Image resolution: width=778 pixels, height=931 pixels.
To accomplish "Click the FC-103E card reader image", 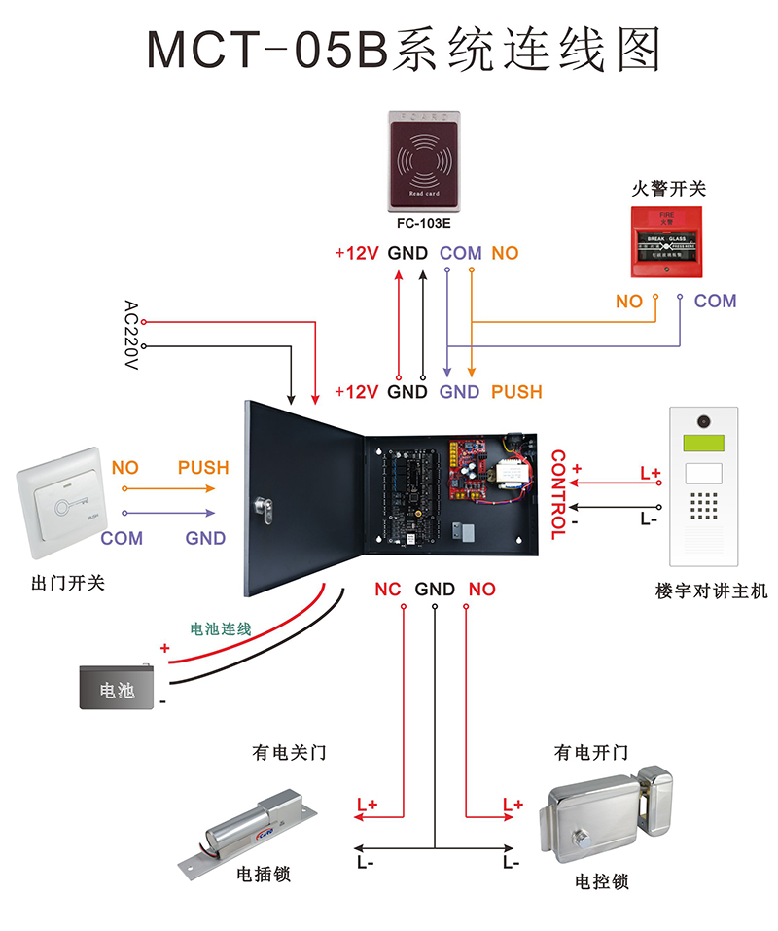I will click(x=425, y=160).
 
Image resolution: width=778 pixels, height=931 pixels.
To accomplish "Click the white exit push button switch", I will click(x=60, y=502).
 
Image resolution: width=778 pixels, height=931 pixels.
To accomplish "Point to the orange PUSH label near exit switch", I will click(x=203, y=468).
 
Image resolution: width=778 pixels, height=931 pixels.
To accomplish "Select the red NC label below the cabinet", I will click(x=388, y=590).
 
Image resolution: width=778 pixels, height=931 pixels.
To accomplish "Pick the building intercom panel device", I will click(x=704, y=486).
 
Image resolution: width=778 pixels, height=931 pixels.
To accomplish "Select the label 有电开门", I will click(x=591, y=753).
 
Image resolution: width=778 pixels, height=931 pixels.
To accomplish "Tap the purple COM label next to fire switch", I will click(x=715, y=302).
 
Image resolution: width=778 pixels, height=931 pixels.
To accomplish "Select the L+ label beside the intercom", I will click(x=650, y=474).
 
